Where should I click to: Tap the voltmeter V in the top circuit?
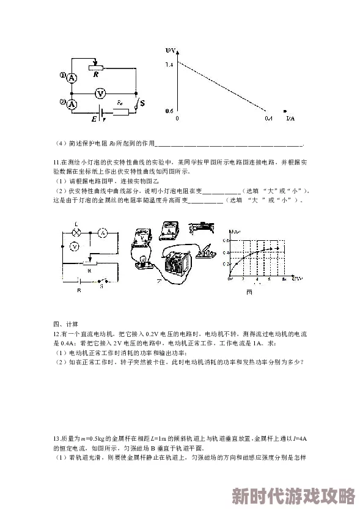pos(101,93)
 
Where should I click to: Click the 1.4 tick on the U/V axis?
pos(169,64)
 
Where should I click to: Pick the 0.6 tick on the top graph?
pos(169,111)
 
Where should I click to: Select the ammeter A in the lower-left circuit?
pos(103,233)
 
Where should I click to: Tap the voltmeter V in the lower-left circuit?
pos(73,246)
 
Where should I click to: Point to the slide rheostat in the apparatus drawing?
pos(202,227)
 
